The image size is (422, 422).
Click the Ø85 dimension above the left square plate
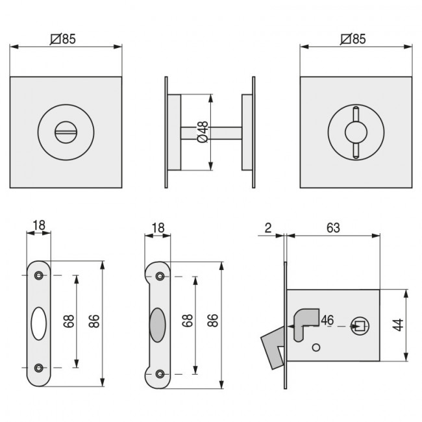coord(63,38)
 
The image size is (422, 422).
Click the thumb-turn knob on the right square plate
coord(356,132)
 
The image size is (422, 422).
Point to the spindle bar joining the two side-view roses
coord(211,132)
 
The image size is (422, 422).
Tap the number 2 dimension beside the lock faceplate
coord(267,228)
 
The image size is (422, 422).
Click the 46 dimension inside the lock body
coord(327,320)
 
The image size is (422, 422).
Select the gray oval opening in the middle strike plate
coord(157,325)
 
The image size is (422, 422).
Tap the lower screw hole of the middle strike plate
coord(160,373)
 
